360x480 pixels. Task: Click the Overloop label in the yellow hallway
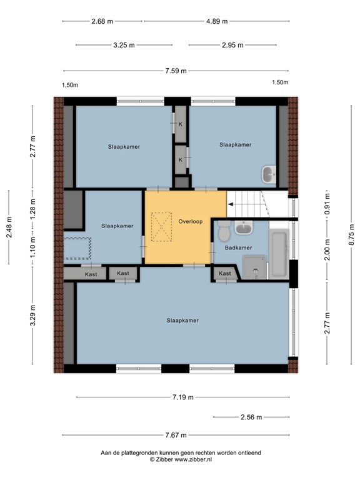coord(188,221)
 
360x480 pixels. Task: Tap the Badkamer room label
coord(239,247)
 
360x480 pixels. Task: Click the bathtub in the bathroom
coord(279,254)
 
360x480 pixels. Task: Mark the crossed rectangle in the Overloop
coord(162,227)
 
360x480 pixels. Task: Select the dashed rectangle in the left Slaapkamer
coord(77,249)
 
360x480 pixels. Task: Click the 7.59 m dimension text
coord(176,71)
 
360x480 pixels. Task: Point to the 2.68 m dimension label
coord(102,21)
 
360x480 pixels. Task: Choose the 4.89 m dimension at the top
coord(217,21)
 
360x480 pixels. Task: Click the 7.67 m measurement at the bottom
coord(176,436)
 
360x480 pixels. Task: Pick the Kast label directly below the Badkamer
coord(225,273)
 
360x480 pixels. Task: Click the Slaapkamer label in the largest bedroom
coord(182,321)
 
